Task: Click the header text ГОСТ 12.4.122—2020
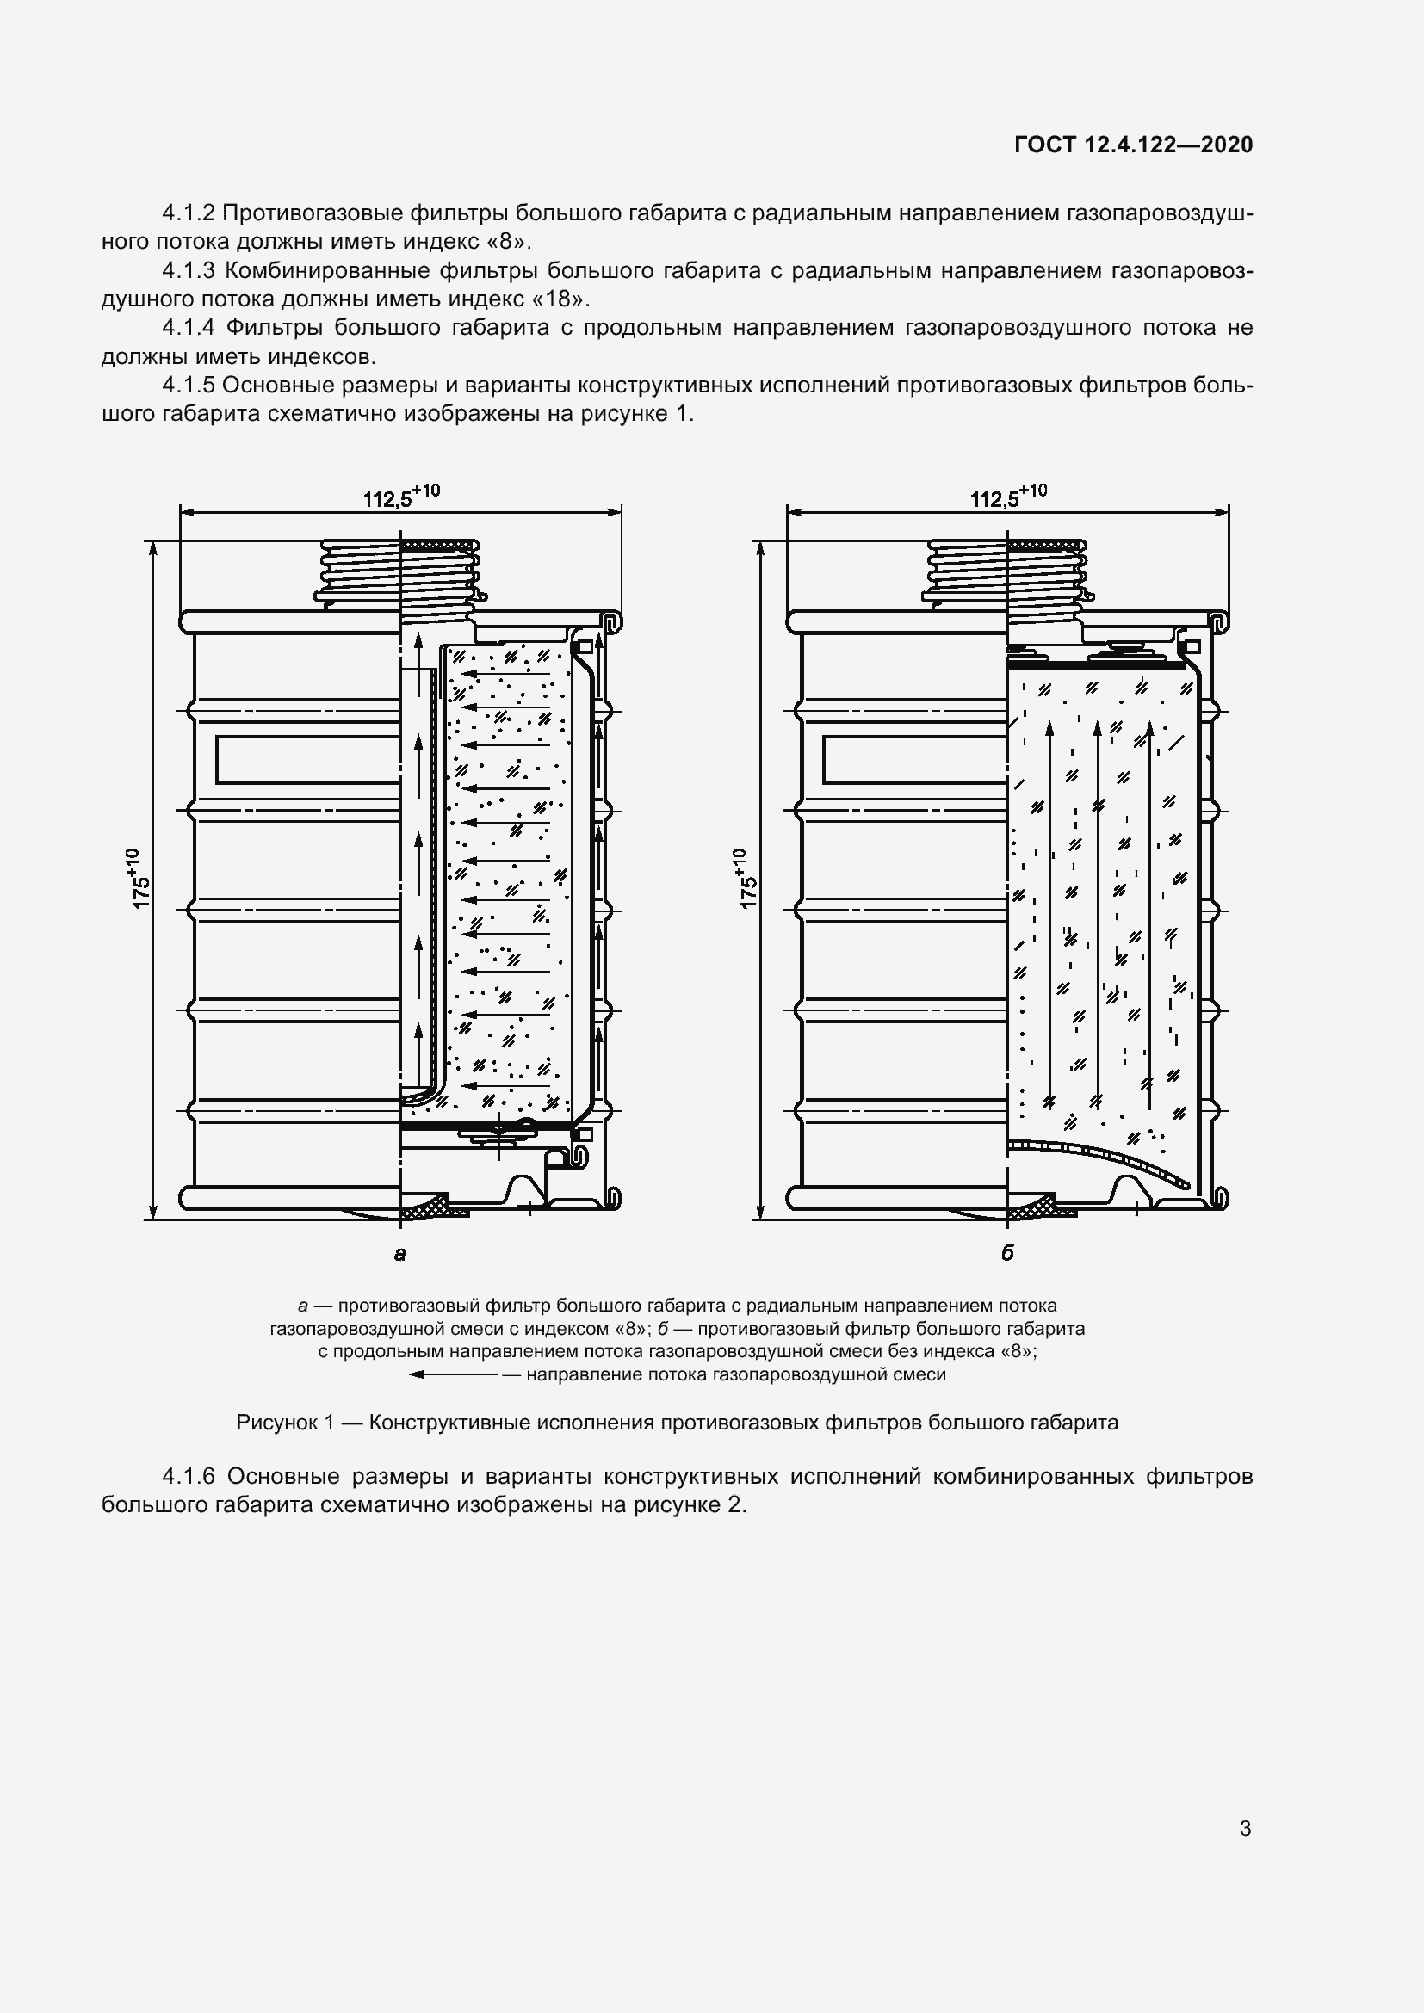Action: (1133, 145)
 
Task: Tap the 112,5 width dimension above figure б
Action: (1007, 497)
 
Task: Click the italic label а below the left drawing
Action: (400, 1254)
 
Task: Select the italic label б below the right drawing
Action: (1007, 1254)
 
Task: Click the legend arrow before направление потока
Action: (453, 1374)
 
